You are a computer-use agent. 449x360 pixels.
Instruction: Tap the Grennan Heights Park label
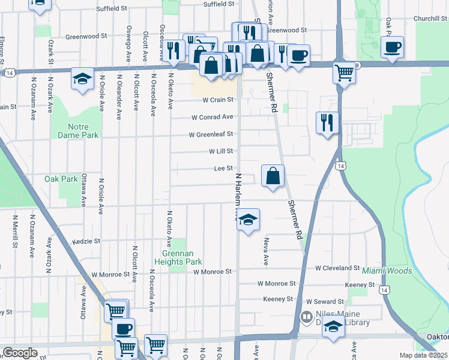coord(178,257)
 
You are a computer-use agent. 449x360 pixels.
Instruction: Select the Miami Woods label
coord(387,271)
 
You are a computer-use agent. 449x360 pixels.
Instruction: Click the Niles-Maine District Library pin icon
coord(306,316)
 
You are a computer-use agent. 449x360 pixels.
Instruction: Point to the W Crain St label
coord(217,100)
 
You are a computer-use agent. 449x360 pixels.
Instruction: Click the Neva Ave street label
coord(265,251)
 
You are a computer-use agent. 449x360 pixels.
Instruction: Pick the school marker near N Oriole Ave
coord(82,79)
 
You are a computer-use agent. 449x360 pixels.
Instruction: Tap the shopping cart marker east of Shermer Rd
coord(345,73)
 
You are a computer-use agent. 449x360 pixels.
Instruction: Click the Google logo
coord(20,353)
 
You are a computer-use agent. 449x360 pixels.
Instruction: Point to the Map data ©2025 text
coord(423,355)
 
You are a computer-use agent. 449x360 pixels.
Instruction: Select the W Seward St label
coord(325,301)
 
